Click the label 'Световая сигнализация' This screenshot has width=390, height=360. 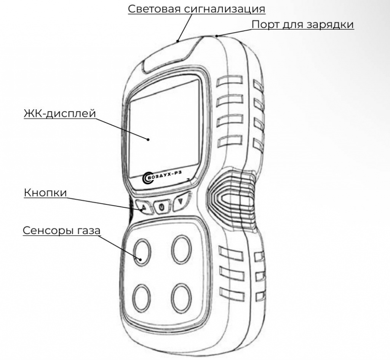click(x=197, y=9)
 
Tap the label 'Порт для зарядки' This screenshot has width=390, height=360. click(x=302, y=24)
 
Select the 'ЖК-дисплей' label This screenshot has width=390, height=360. click(x=60, y=113)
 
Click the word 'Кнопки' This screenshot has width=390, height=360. click(x=46, y=193)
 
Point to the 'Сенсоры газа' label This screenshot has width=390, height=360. click(x=62, y=230)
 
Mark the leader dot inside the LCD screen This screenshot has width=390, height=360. click(x=148, y=139)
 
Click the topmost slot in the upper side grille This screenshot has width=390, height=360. click(x=229, y=81)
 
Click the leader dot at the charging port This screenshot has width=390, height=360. click(x=217, y=36)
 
